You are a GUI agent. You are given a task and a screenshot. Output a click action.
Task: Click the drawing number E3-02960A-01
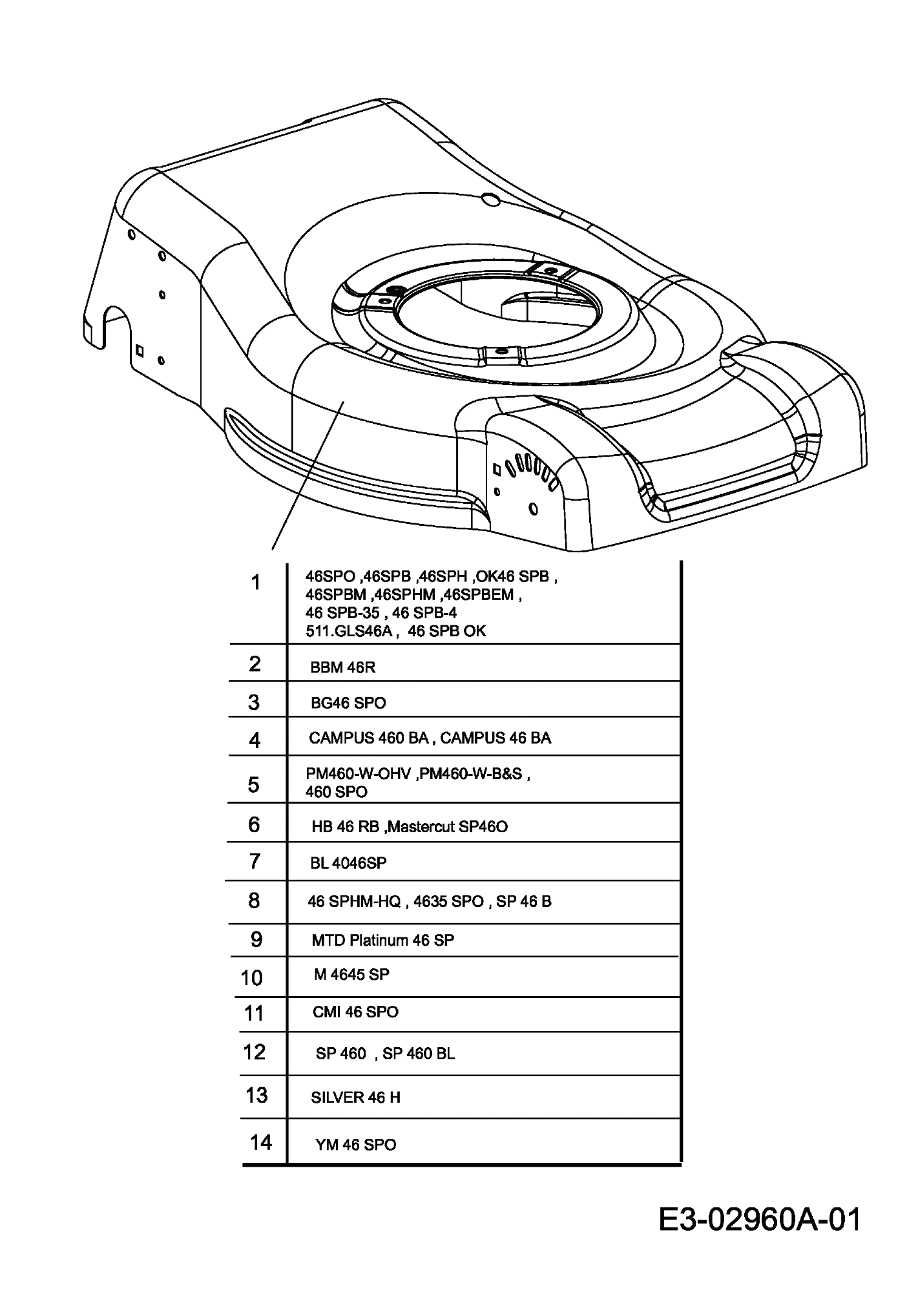[x=760, y=1220]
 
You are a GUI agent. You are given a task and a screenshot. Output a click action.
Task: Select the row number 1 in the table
[x=256, y=583]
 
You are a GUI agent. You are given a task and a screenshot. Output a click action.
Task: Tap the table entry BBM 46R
[x=342, y=667]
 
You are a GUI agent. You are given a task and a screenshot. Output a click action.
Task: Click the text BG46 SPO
[x=348, y=703]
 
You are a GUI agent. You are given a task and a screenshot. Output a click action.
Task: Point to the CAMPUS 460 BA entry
[x=368, y=738]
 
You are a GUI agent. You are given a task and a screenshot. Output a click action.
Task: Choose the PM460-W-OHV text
[x=359, y=774]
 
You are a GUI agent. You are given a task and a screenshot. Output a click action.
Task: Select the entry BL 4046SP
[x=348, y=863]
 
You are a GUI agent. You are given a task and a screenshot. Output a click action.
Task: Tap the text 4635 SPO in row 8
[x=448, y=901]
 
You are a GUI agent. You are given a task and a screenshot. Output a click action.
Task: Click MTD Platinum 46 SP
[x=382, y=940]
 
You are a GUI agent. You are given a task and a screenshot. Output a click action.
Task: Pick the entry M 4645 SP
[x=351, y=974]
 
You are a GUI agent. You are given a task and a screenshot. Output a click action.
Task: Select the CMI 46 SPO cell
[x=355, y=1012]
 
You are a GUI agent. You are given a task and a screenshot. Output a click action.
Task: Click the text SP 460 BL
[x=419, y=1054]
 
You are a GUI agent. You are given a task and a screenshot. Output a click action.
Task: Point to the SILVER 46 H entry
[x=355, y=1098]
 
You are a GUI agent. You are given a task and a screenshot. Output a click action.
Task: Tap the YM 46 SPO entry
[x=355, y=1145]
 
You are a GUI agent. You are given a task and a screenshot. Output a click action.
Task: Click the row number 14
[x=261, y=1142]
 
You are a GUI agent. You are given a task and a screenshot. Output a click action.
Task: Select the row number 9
[x=256, y=939]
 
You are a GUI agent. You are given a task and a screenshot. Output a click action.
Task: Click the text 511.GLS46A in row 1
[x=349, y=631]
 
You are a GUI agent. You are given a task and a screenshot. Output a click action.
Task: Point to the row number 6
[x=254, y=824]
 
